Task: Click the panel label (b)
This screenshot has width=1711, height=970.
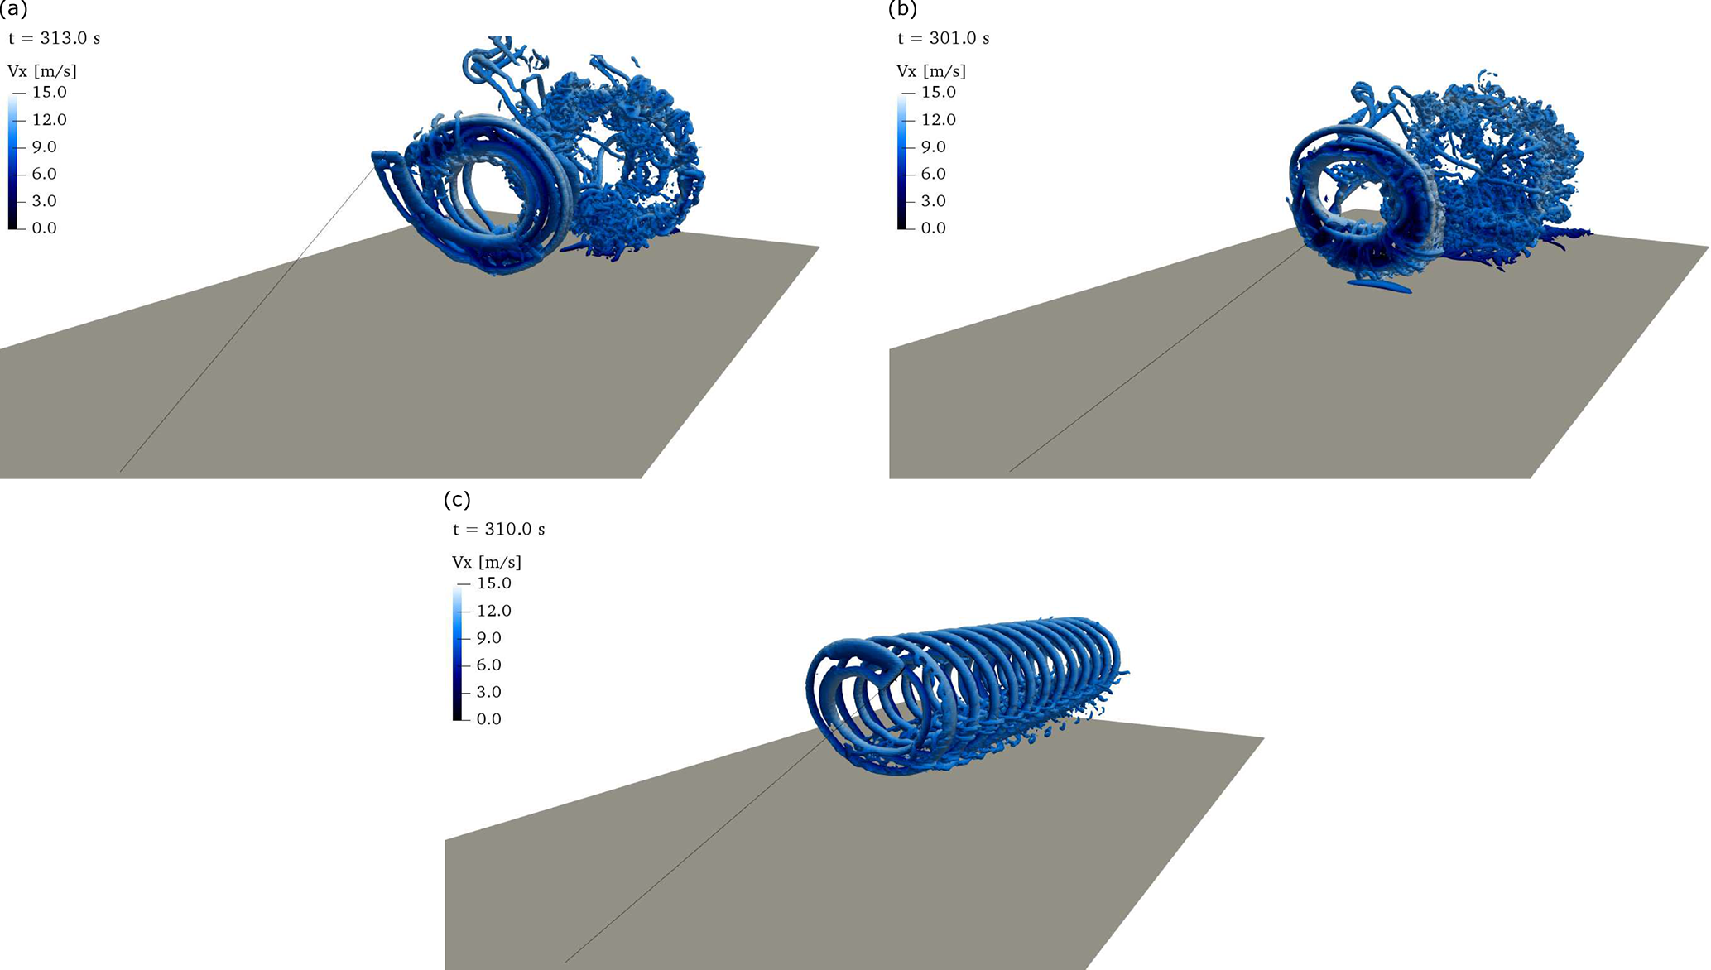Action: (x=902, y=9)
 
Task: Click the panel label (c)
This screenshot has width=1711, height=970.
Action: (x=457, y=499)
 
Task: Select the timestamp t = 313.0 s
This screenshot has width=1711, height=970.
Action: (x=55, y=38)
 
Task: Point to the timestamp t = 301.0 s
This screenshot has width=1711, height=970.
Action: (x=944, y=38)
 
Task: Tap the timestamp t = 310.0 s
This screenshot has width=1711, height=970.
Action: (x=499, y=529)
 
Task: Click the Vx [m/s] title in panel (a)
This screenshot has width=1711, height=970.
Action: (x=42, y=71)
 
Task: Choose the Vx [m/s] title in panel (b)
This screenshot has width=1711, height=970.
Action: (x=931, y=71)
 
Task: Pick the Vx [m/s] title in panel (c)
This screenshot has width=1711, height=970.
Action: (x=487, y=562)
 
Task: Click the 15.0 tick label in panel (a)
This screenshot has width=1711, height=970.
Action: (x=50, y=92)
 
